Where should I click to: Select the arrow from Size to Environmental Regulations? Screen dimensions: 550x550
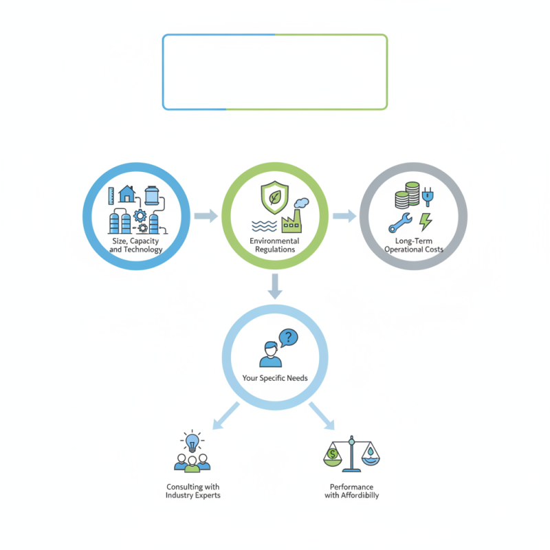206,215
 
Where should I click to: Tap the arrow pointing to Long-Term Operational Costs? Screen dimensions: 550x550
344,215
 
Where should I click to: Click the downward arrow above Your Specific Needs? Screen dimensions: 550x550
275,286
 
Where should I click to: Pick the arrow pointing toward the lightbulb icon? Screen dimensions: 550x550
226,416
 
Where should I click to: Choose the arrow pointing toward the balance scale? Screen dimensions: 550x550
322,416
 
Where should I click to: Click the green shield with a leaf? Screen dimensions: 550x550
274,197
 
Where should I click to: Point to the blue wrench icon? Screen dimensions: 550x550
400,223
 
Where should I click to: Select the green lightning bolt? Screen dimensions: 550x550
426,222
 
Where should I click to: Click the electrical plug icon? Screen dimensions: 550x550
428,197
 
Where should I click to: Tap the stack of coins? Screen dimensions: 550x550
407,195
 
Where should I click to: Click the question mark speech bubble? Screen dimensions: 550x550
288,338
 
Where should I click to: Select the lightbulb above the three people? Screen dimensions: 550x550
192,443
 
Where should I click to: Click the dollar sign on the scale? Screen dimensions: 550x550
332,454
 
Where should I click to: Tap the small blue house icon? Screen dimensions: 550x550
127,194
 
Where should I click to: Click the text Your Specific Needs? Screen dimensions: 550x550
275,378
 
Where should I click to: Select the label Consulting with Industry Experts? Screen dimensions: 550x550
193,491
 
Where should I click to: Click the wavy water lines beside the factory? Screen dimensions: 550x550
264,227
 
